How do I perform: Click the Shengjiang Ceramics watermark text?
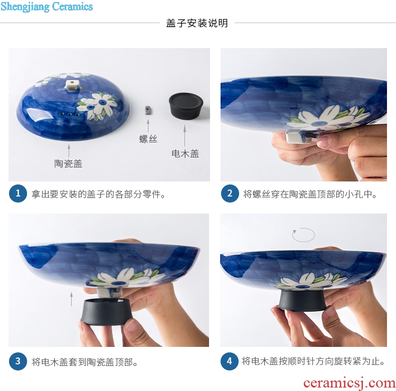pos(47,7)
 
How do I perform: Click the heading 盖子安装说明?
pos(197,23)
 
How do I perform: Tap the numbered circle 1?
pos(18,193)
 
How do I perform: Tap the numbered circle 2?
pos(230,193)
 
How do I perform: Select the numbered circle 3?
pos(18,361)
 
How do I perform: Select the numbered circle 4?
pos(229,361)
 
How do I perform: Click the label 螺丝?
pos(148,139)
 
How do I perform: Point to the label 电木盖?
pos(185,153)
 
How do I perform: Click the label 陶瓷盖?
pos(68,164)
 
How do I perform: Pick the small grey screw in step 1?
pos(148,110)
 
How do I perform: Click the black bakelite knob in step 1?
pos(186,105)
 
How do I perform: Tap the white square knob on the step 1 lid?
pos(72,85)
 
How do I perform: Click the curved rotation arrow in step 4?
pos(303,235)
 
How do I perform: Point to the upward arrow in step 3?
pos(72,299)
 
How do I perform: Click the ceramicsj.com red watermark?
pos(349,383)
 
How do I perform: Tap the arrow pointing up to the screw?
pos(148,126)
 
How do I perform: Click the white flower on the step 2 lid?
pos(328,119)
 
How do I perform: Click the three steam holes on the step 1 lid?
pos(69,114)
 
